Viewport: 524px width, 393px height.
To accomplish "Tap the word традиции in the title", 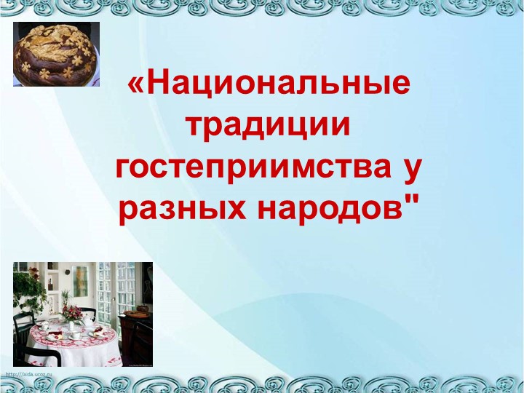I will pyautogui.click(x=269, y=127).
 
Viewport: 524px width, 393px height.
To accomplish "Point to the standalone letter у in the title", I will pyautogui.click(x=413, y=169).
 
